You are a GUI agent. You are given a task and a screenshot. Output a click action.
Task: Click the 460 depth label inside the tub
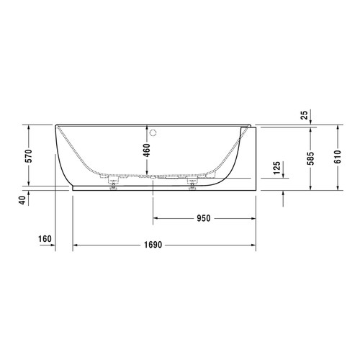[146, 150]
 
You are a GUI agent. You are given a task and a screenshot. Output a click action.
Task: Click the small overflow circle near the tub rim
[153, 132]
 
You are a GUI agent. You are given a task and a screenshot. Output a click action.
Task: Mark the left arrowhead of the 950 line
[155, 219]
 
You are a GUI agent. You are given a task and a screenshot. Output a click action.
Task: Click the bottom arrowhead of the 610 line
[337, 189]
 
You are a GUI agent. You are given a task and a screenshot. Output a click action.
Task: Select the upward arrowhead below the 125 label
[284, 194]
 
